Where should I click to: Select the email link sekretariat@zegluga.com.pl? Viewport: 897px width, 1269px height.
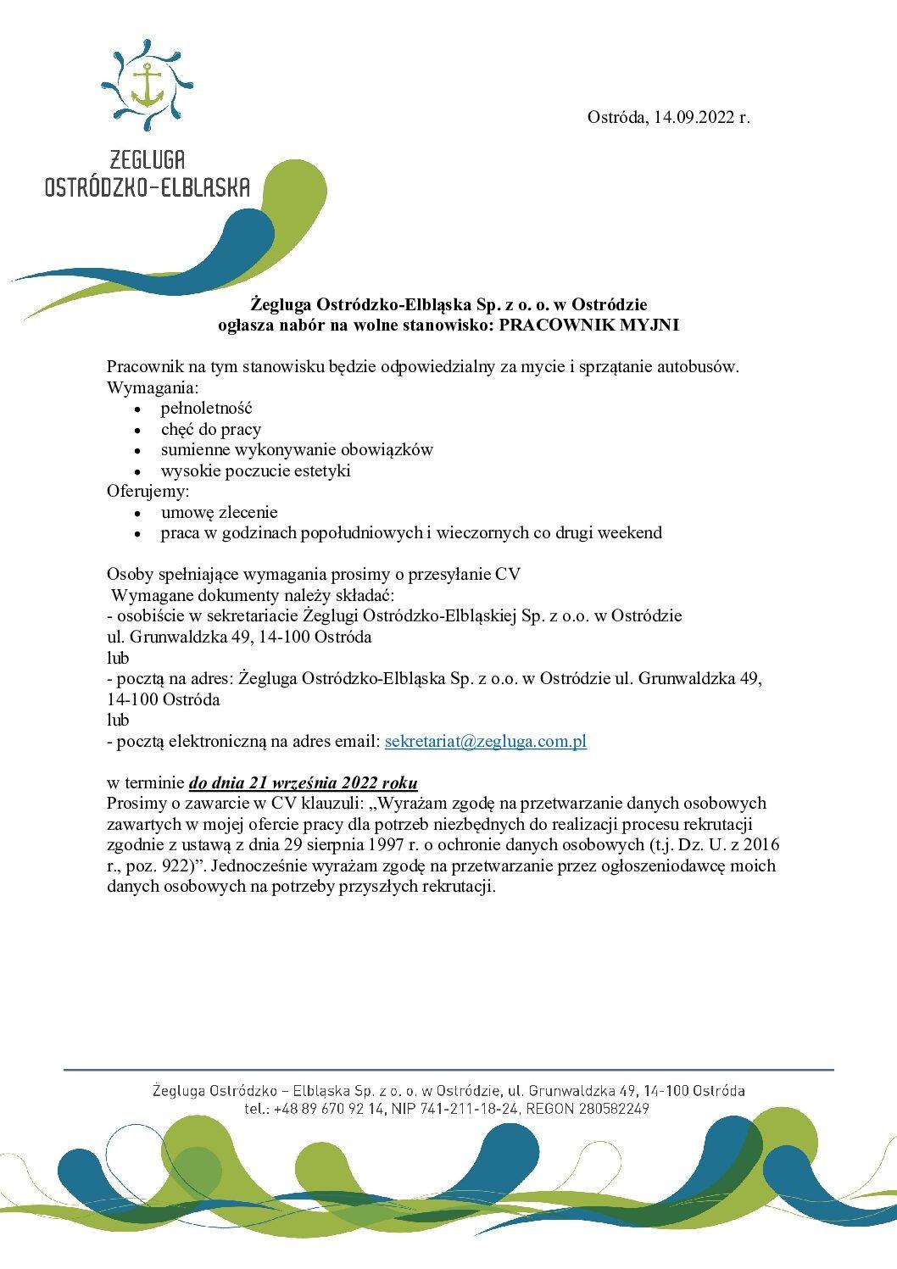click(x=486, y=741)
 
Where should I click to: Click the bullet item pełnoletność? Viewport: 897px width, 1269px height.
click(x=201, y=409)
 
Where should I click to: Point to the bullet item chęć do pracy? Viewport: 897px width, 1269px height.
click(x=211, y=429)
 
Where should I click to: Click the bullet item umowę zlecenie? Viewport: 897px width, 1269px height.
click(x=219, y=512)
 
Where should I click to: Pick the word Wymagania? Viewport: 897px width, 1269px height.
click(x=151, y=388)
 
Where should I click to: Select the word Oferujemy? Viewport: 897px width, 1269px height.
click(x=147, y=492)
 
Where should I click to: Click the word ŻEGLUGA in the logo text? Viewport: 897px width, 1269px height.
click(x=148, y=159)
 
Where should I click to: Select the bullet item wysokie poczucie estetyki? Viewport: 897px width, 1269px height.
click(x=255, y=470)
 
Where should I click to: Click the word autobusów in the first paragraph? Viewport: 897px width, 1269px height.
click(x=698, y=367)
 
